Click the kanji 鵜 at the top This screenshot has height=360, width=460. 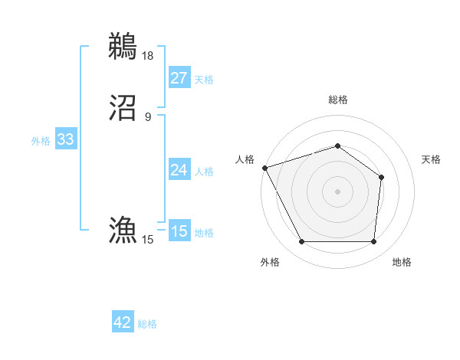tap(123, 46)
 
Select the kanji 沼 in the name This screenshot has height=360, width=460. tap(123, 110)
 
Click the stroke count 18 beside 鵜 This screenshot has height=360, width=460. tap(148, 55)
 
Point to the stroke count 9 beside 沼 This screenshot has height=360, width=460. tap(148, 117)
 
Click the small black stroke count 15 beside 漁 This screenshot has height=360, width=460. tap(148, 240)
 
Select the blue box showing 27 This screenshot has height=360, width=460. tap(179, 78)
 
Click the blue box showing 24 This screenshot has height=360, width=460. tap(179, 170)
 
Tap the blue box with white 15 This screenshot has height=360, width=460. tap(179, 231)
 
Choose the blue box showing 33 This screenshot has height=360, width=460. tap(65, 139)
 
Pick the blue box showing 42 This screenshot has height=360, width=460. tap(123, 322)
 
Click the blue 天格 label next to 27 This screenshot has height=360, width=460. tap(204, 80)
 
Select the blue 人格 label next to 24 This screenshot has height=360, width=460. tap(204, 172)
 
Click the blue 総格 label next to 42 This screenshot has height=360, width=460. tap(147, 324)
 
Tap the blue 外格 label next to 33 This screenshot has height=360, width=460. tap(41, 141)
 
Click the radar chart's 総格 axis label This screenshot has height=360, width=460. tap(337, 100)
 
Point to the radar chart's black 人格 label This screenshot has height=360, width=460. tap(245, 159)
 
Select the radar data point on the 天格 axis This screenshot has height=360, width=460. tap(382, 178)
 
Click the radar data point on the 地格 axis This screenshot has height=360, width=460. tap(373, 242)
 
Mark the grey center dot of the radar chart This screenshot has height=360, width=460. tap(337, 191)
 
